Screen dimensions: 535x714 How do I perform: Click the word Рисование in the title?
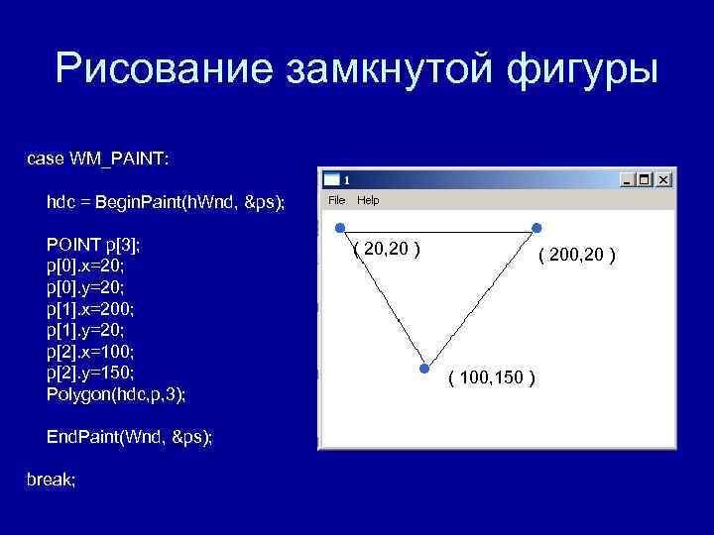163,70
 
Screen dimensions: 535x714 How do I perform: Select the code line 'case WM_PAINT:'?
97,159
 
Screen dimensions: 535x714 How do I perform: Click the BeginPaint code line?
165,202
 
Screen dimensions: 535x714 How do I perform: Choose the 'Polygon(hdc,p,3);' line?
116,394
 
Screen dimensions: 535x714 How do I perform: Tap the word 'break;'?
51,480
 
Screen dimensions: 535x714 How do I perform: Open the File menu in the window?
337,200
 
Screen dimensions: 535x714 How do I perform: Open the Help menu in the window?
368,200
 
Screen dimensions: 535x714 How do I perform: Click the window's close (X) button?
663,180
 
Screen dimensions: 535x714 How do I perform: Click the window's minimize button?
628,180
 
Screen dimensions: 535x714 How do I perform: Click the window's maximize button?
646,180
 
